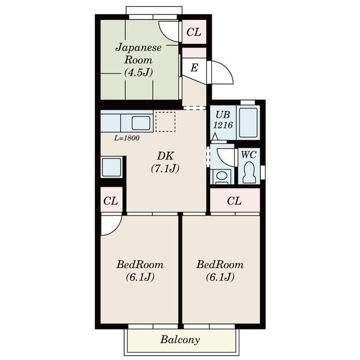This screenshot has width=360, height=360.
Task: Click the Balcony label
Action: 180,340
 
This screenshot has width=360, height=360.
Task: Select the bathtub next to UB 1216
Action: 248,122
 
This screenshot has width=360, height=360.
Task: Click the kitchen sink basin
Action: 141,123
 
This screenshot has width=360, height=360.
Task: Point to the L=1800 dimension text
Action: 127,138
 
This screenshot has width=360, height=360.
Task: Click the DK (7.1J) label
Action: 166,163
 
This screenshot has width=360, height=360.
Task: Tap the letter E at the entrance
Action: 194,68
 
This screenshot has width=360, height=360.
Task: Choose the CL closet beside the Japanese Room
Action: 194,32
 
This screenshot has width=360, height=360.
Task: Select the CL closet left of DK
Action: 111,200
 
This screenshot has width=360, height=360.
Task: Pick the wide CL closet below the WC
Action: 235,200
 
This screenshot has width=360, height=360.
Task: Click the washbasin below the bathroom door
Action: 221,176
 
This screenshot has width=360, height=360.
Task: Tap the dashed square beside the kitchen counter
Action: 166,122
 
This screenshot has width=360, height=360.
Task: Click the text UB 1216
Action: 223,120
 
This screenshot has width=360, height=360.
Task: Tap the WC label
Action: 248,155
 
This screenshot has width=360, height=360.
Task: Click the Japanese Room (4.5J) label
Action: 139,59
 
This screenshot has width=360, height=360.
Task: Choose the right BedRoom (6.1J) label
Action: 220,271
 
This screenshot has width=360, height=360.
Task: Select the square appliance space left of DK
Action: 112,167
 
